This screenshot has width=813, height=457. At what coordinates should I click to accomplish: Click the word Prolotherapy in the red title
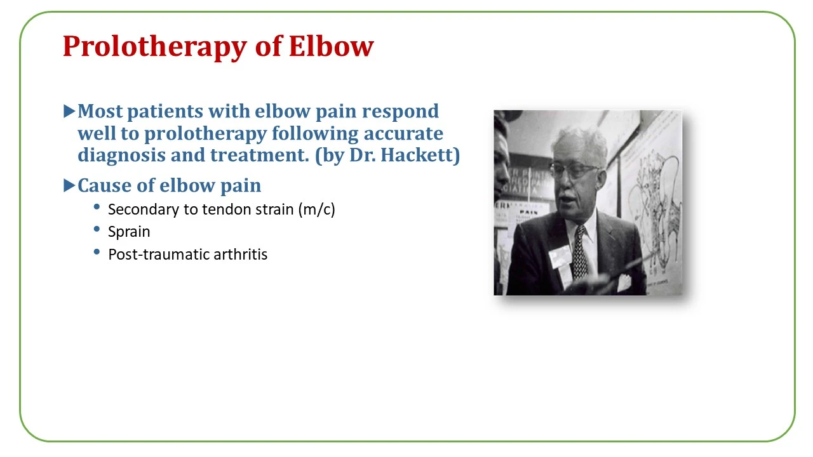click(155, 47)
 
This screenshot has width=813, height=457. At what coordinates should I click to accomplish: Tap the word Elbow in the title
click(331, 46)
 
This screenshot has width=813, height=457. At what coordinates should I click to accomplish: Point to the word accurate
click(403, 133)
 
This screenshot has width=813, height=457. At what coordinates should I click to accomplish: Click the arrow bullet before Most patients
click(69, 111)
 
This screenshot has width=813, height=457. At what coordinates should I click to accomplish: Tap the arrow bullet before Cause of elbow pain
click(69, 185)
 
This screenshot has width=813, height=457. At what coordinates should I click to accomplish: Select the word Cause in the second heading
click(105, 185)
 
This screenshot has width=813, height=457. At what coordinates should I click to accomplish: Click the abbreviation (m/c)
click(316, 209)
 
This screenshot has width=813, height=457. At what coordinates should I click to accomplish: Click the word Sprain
click(129, 232)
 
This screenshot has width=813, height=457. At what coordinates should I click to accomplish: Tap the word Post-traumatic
click(159, 255)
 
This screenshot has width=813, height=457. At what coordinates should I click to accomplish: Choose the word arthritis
click(240, 255)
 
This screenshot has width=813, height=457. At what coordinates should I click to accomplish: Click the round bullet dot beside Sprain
click(97, 229)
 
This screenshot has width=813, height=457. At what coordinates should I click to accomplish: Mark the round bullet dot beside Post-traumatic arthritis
click(97, 252)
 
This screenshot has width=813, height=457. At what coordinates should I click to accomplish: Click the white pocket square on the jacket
click(624, 282)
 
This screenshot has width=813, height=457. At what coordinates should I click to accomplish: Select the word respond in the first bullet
click(400, 112)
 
